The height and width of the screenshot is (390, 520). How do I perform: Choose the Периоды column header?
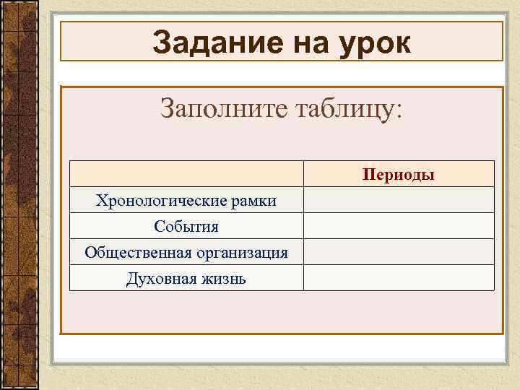399,174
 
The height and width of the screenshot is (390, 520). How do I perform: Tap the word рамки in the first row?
253,201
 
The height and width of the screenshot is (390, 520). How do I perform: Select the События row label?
186,227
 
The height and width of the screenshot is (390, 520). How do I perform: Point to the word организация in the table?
243,253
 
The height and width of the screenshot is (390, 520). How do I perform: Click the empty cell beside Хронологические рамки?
399,200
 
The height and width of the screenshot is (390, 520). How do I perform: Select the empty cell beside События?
399,226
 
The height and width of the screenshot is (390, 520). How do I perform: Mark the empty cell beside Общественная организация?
399,252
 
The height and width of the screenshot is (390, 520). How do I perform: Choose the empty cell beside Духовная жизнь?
399,278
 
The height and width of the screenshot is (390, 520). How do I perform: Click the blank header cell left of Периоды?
186,174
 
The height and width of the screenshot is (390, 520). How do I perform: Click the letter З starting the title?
162,43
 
